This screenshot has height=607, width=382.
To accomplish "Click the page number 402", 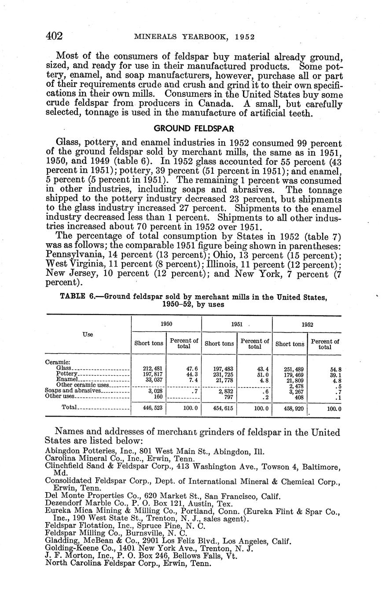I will pos(55,36).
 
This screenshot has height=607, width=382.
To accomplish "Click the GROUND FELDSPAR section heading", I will pos(194,128).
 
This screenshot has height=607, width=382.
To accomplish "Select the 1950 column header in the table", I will pos(166,324).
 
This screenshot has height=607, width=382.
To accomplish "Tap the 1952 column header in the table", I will pos(307,325).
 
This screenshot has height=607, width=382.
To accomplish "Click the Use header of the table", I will pos(88,335).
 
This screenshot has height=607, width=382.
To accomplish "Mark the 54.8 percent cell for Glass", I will pos(336,369).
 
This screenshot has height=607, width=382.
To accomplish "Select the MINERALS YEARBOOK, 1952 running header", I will pos(195,37).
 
